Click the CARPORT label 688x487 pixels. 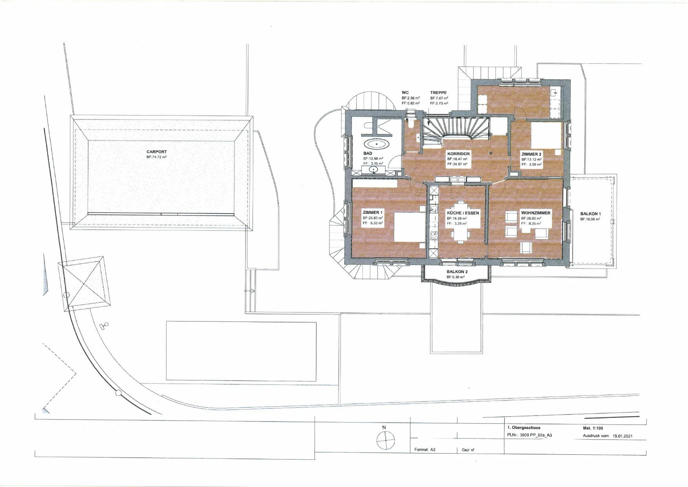tap(156, 152)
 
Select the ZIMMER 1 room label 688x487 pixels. tap(373, 213)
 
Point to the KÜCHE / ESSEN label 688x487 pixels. tap(463, 213)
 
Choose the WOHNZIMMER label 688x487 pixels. tap(536, 213)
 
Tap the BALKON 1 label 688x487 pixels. tap(590, 214)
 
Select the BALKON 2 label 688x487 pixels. tap(457, 272)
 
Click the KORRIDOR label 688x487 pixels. tap(458, 154)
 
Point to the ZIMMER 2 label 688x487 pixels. tap(531, 154)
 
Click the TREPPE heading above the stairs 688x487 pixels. tap(438, 93)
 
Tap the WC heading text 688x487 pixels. tap(405, 93)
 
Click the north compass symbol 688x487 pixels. tap(385, 440)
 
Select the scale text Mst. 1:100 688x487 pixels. tap(593, 428)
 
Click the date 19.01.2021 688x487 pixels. tap(622, 436)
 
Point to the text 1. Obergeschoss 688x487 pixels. tap(523, 428)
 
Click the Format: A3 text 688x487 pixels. tap(425, 450)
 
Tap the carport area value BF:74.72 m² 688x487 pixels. tap(157, 157)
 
